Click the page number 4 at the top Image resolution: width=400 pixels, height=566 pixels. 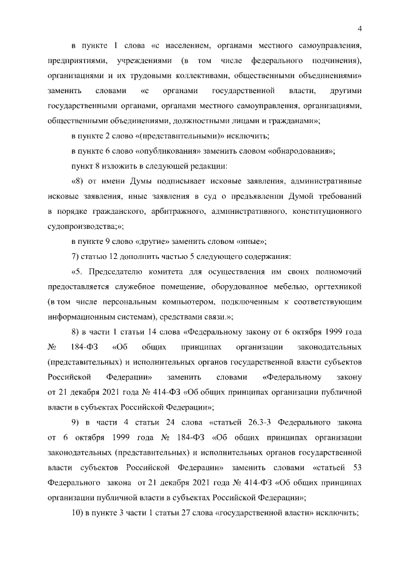(361, 27)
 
